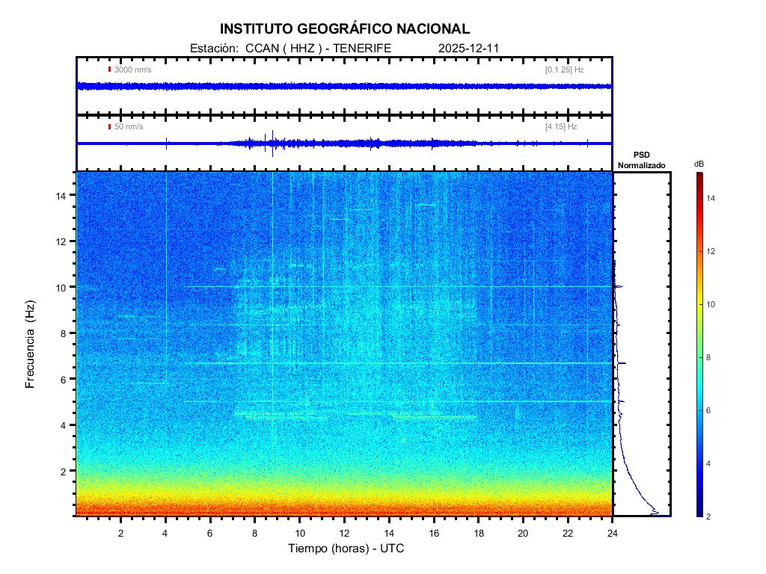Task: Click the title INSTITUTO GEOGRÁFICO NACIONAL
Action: click(345, 29)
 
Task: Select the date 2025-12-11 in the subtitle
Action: click(468, 48)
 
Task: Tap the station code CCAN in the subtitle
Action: click(258, 48)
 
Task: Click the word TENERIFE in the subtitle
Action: click(362, 48)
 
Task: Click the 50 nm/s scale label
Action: click(129, 127)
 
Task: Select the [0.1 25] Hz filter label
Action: click(565, 70)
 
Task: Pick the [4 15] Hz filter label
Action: click(561, 127)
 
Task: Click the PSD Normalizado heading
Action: click(641, 160)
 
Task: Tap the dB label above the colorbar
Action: click(699, 164)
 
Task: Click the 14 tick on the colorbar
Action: click(712, 198)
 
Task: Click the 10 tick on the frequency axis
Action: click(64, 287)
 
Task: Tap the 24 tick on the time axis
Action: click(613, 533)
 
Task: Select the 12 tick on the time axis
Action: click(344, 533)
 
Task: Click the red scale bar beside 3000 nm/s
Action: click(110, 70)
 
